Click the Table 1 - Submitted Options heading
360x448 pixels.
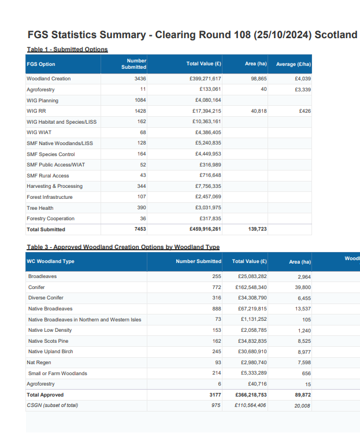point(67,49)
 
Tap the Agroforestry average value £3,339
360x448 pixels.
point(303,90)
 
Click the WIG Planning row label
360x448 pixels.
point(42,101)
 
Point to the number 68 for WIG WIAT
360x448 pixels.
point(143,132)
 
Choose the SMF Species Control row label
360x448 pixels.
point(51,154)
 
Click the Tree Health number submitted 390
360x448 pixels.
point(141,208)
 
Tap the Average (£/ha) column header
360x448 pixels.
point(294,64)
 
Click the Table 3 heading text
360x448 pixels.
point(123,247)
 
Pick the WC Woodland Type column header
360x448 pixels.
point(51,261)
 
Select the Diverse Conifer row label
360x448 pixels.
point(46,298)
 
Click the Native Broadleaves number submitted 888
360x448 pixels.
point(217,309)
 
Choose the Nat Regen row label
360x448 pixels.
point(39,362)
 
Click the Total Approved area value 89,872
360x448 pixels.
point(302,395)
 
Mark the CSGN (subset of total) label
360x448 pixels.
point(52,405)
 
